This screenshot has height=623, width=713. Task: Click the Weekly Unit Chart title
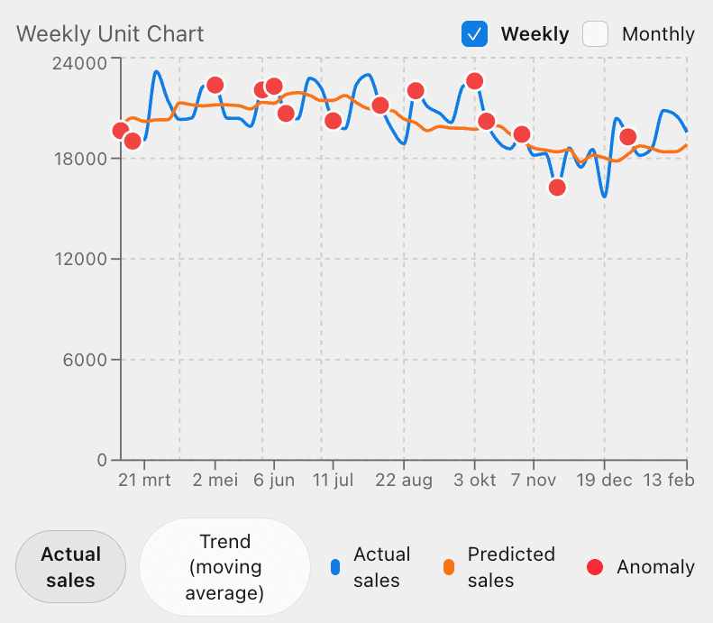click(110, 34)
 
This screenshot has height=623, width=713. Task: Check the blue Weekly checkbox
click(474, 34)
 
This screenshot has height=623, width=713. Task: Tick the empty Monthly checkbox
click(596, 34)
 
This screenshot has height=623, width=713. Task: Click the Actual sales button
click(70, 567)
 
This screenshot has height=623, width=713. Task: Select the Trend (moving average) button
click(224, 567)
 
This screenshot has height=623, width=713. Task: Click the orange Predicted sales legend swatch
click(449, 567)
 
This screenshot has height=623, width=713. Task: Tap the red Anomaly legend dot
click(595, 567)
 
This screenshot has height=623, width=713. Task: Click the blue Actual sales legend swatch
click(335, 567)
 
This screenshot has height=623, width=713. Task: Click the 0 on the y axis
click(102, 460)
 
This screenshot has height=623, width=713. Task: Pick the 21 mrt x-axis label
click(144, 481)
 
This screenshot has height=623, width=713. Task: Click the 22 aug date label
click(404, 481)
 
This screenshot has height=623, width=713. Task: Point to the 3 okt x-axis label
click(474, 481)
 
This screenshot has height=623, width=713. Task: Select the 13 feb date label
click(669, 481)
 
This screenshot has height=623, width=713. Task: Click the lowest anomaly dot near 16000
click(557, 188)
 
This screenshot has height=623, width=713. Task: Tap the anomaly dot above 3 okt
click(475, 81)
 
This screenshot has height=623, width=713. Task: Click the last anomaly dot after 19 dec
click(628, 137)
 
